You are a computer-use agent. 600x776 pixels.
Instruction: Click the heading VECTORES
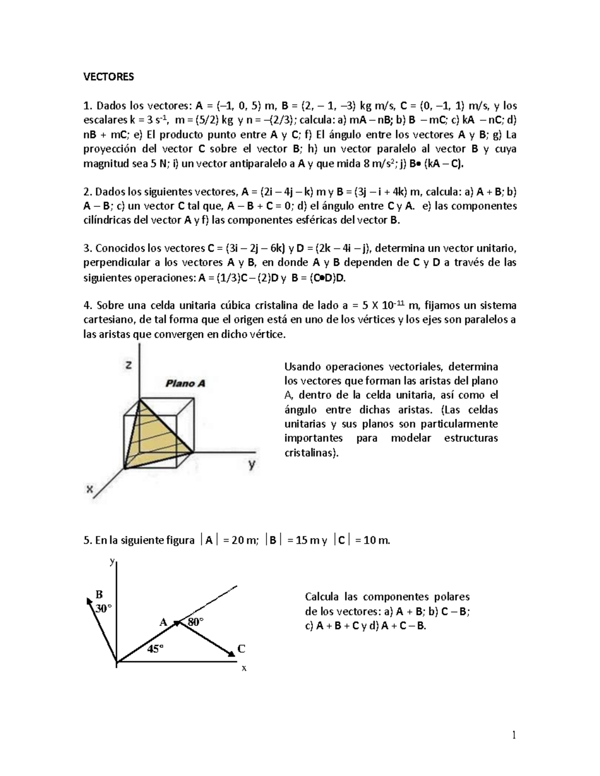coord(108,77)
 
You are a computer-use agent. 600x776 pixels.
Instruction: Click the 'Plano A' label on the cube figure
coord(185,384)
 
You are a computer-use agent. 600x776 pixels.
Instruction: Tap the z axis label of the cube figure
coord(129,365)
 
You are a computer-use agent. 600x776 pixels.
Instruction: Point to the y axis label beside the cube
coord(252,465)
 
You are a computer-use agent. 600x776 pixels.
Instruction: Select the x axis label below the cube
coord(90,489)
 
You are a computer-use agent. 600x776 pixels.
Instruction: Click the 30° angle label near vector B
coord(103,609)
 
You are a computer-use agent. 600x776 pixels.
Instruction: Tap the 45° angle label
coord(155,649)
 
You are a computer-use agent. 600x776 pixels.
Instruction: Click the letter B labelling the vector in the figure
coord(99,595)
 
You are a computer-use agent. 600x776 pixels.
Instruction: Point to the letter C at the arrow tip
coord(241,649)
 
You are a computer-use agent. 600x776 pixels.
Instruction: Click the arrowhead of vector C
coord(231,654)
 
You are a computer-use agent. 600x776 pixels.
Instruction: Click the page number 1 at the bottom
coord(513,735)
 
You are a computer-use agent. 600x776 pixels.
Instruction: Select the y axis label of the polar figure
coord(112,561)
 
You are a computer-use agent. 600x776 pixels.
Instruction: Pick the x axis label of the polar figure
coord(244,668)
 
